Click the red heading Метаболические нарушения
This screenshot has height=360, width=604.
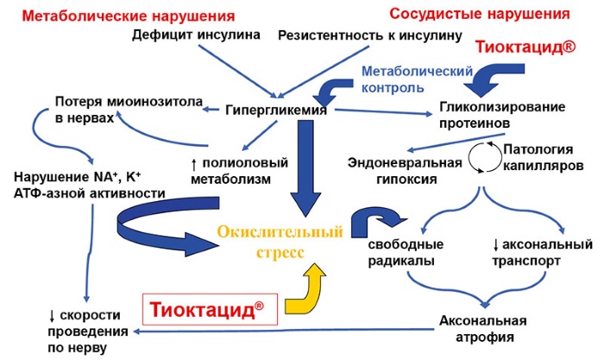coord(123,14)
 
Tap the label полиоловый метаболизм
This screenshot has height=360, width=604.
coord(232,170)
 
